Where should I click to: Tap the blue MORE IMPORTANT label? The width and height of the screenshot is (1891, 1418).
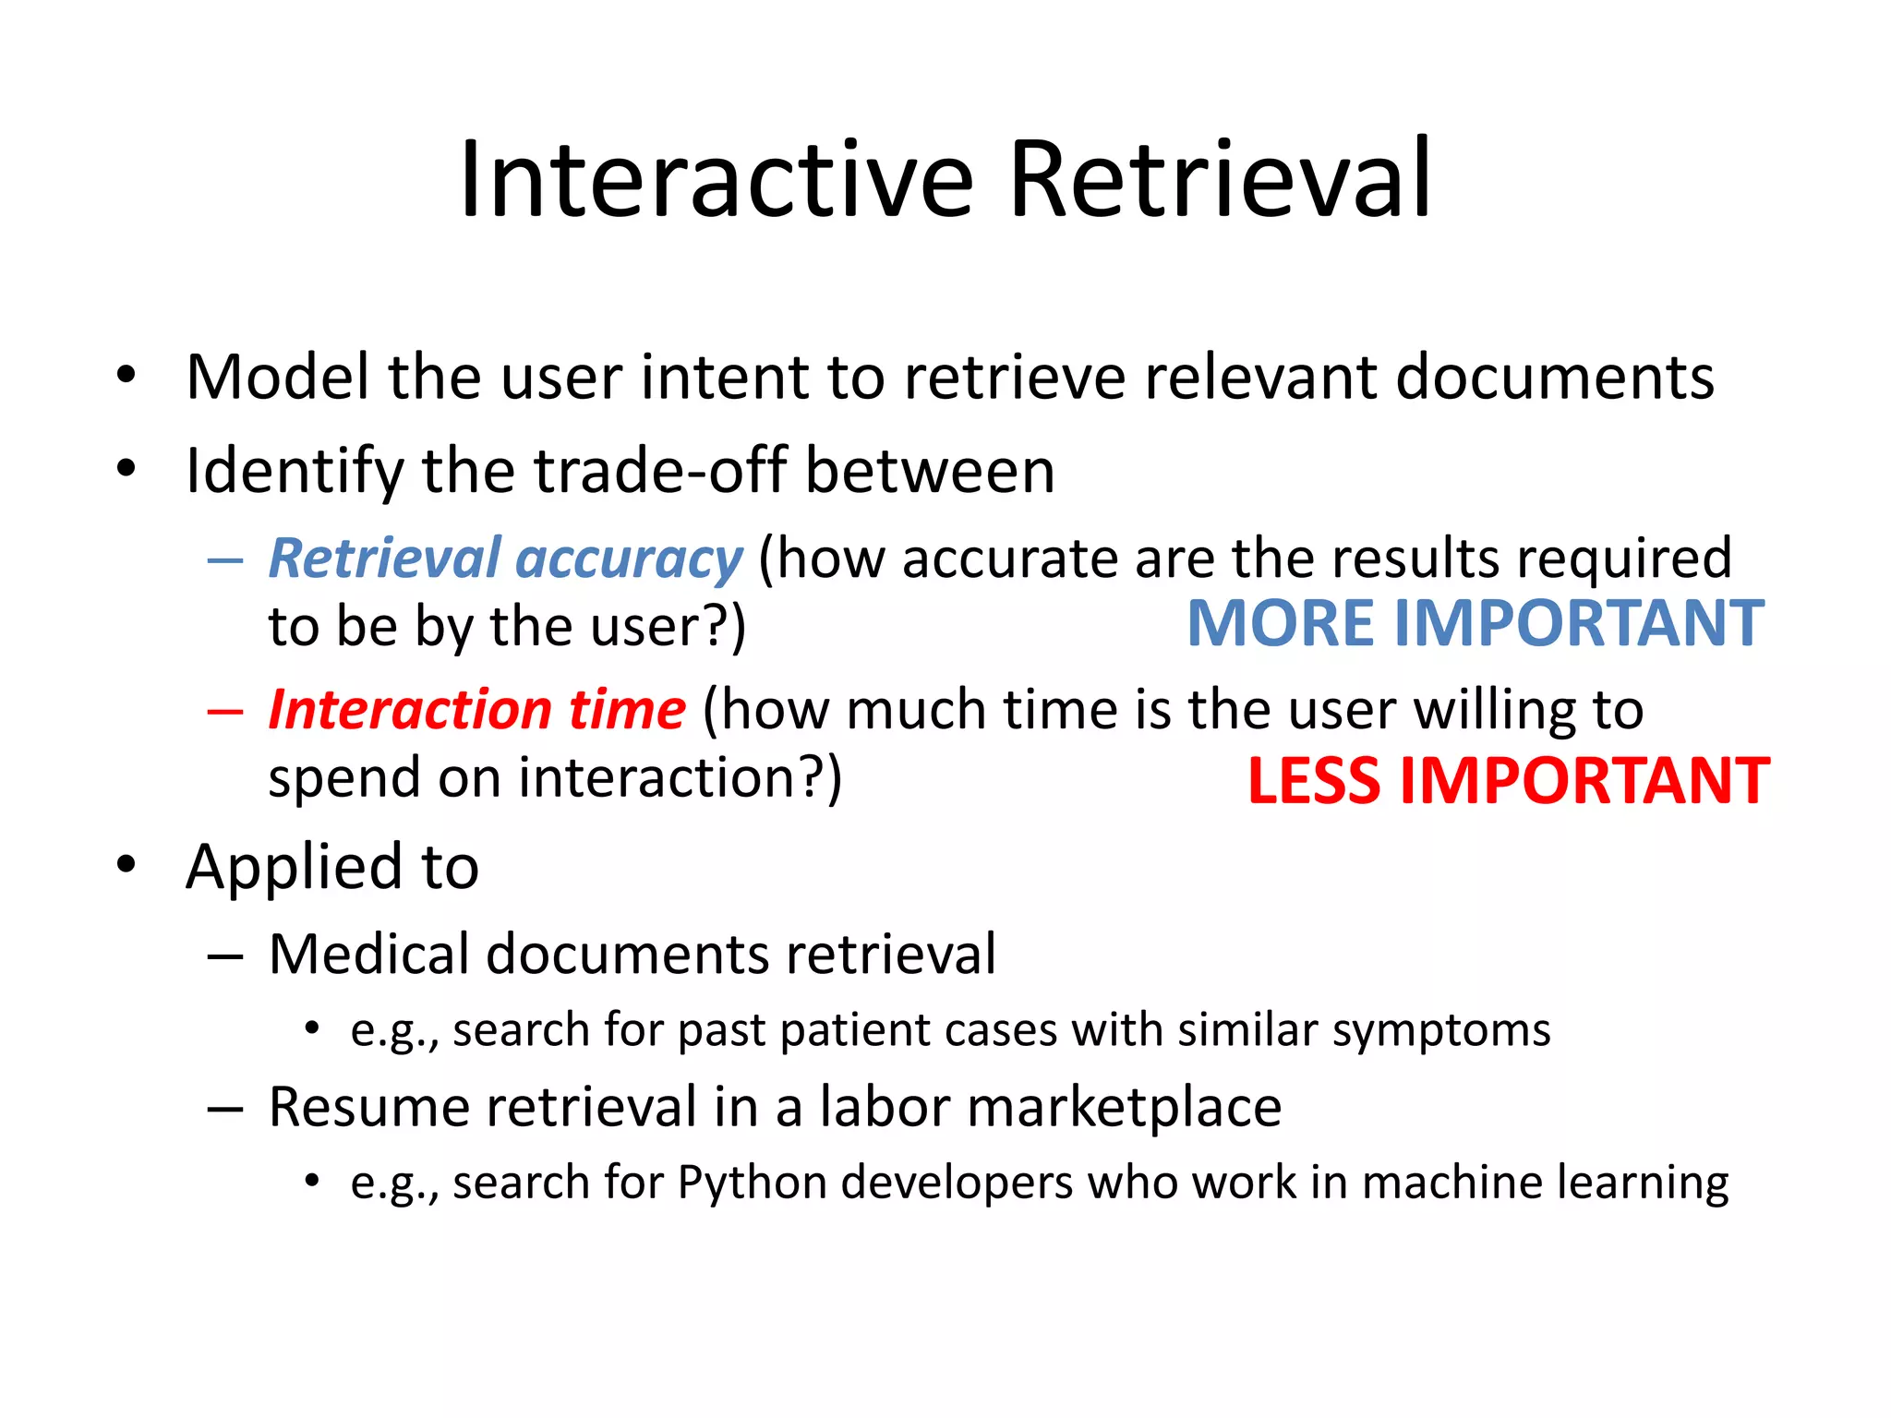(1475, 623)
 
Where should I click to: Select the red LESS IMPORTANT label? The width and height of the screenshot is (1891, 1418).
(1508, 781)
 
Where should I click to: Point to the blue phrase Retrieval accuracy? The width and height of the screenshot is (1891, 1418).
(505, 559)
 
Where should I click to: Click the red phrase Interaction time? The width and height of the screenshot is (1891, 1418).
(476, 710)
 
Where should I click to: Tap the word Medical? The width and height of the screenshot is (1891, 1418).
(368, 954)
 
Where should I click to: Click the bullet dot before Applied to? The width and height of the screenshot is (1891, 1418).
(126, 864)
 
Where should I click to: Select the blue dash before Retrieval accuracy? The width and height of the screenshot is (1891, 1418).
(225, 559)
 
